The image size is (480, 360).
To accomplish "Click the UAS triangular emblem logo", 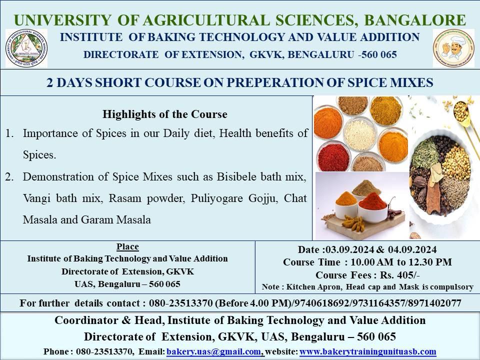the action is click(x=26, y=48).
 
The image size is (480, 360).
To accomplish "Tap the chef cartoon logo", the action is click(x=453, y=48).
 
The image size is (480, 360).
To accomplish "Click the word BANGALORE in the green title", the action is click(x=415, y=20).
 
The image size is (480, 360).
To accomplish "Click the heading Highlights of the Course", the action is click(x=165, y=114).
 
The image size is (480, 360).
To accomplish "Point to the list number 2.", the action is click(x=9, y=177).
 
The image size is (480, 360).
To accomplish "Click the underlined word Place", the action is click(x=127, y=246).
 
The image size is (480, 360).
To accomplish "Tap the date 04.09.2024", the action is click(x=412, y=249).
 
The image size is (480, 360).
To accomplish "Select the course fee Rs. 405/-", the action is click(x=400, y=275).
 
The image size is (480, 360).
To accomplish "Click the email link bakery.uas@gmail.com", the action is click(x=214, y=351).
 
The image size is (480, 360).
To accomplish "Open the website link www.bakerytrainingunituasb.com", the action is click(x=367, y=351).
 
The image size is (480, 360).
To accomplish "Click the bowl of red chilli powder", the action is click(x=333, y=156).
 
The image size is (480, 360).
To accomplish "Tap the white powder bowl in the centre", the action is click(x=359, y=134).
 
